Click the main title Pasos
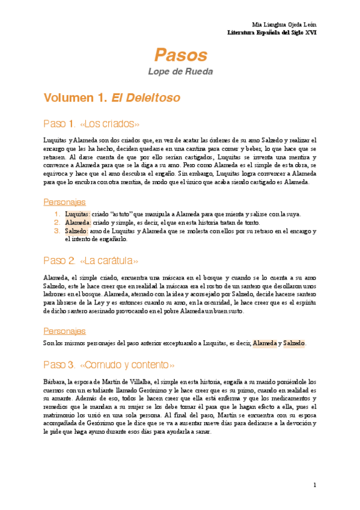(x=180, y=55)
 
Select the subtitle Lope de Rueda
(x=180, y=72)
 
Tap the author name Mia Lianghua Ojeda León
(x=284, y=24)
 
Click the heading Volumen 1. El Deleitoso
(x=112, y=96)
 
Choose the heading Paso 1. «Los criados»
(x=91, y=124)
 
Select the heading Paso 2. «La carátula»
(x=91, y=260)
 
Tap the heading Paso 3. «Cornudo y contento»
(x=109, y=365)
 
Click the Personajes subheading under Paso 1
(x=64, y=201)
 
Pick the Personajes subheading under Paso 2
(x=64, y=331)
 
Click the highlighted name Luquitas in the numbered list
(x=76, y=214)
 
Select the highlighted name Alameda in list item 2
(x=77, y=222)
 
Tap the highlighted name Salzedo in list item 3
(x=76, y=230)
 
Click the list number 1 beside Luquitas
(x=56, y=214)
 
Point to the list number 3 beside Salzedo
(x=56, y=230)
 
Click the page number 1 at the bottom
(x=314, y=485)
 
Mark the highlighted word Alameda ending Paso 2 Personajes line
(x=264, y=343)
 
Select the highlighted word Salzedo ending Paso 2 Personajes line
(x=294, y=343)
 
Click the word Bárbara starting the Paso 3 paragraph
(x=55, y=381)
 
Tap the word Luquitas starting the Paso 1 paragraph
(x=55, y=140)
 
